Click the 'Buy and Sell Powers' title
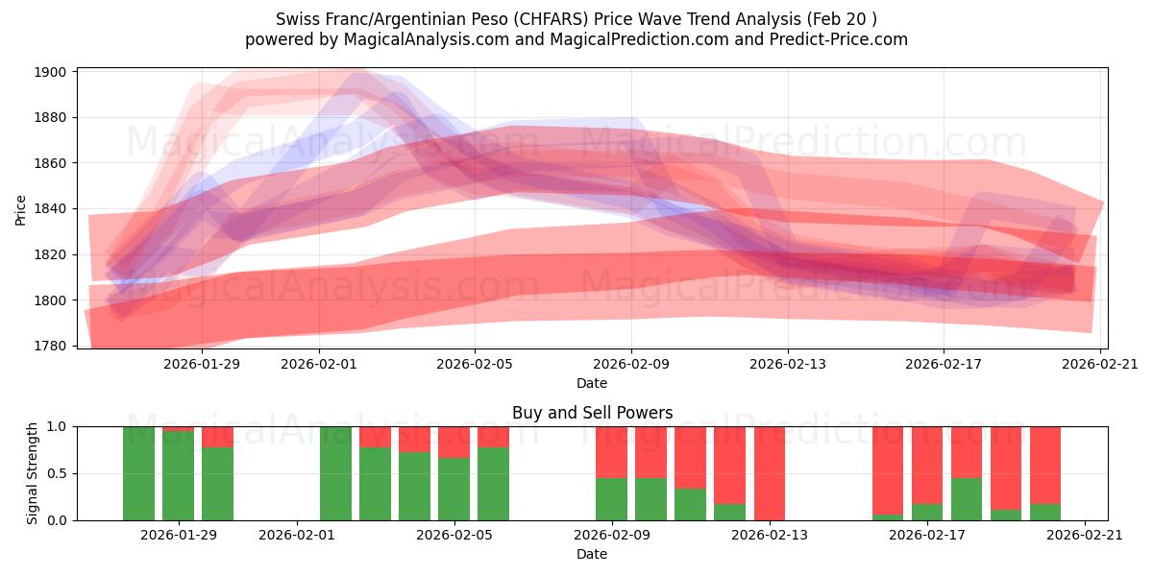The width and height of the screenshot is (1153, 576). tap(592, 413)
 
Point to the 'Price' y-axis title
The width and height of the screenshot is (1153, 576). tap(21, 209)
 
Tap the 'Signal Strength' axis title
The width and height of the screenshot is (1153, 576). tap(33, 473)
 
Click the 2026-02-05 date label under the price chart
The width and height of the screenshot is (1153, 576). tap(475, 364)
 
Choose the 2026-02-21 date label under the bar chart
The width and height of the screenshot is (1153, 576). tap(1084, 535)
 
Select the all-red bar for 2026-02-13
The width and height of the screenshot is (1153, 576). tap(770, 473)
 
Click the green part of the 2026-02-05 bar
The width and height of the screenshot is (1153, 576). tap(454, 490)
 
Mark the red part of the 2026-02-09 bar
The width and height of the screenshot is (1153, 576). tap(611, 451)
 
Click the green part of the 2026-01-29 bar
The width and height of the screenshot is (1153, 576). tap(178, 476)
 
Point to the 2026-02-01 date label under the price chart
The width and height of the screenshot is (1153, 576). tap(319, 364)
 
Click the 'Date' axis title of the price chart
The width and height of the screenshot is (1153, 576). tap(592, 383)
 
